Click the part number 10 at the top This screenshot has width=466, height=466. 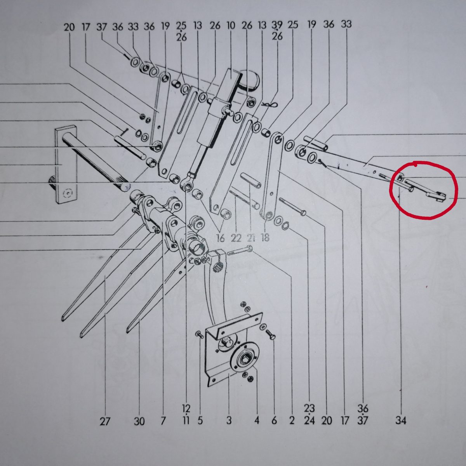231,25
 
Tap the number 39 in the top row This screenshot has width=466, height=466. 277,24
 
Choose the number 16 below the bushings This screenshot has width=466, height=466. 221,238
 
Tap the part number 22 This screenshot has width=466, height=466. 236,238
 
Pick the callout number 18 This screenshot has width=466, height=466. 265,238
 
